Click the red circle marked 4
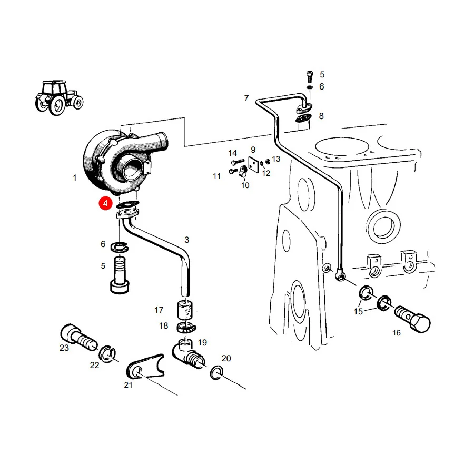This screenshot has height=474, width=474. [105, 203]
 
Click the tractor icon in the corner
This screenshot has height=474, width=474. [59, 97]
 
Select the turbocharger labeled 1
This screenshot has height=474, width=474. [124, 162]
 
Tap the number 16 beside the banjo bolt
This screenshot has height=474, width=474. [396, 333]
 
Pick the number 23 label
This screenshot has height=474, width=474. [64, 348]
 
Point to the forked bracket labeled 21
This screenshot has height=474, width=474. [146, 367]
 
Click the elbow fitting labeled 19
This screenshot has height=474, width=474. [188, 354]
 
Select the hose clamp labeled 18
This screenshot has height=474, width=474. [186, 328]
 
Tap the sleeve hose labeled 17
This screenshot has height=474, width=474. [185, 310]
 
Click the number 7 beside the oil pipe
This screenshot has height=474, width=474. [246, 98]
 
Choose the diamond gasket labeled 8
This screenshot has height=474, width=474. [303, 118]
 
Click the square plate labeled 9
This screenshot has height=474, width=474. [253, 164]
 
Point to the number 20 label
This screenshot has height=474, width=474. [226, 358]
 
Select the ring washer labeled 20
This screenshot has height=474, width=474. [216, 373]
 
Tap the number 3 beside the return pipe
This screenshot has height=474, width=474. [187, 240]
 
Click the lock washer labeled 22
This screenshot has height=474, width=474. [107, 353]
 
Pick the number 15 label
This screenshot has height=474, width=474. [358, 311]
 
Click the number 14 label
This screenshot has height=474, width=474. [232, 153]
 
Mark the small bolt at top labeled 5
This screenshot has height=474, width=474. [310, 76]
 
